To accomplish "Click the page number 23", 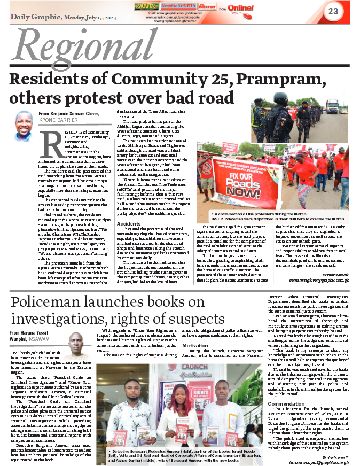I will (333, 11).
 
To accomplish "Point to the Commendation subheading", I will (286, 403).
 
